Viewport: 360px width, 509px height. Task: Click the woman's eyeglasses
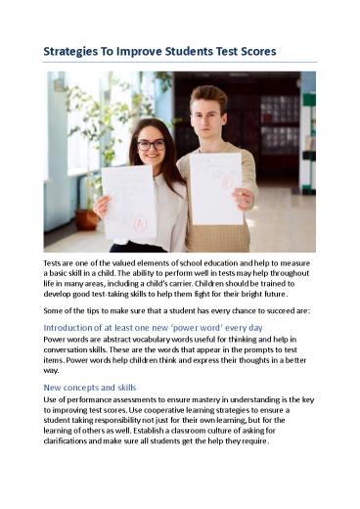point(151,145)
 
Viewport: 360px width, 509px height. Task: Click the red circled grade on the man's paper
point(225,182)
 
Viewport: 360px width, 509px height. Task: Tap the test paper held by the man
point(216,186)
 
